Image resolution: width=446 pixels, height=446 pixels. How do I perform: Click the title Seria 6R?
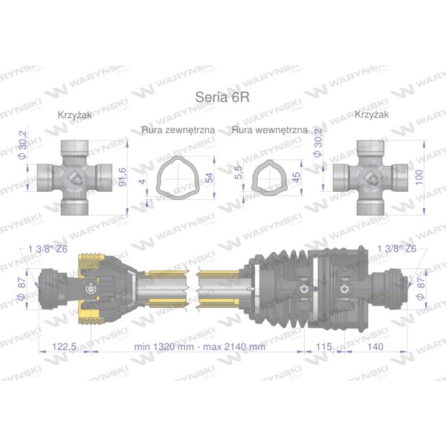point(222,97)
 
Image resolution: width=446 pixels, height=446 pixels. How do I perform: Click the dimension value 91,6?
point(123,177)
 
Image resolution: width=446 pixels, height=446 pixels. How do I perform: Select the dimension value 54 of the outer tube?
point(209,178)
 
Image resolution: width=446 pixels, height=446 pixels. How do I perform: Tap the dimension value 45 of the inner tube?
point(296,178)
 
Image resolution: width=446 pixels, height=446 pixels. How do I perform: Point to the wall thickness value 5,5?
point(239,172)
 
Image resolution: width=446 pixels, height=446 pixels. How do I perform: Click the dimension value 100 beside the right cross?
point(419,177)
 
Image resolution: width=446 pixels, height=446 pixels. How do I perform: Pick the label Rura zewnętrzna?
point(178,130)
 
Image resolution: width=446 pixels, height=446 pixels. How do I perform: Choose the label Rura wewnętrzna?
point(270,130)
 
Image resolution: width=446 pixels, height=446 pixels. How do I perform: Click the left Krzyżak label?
point(75,115)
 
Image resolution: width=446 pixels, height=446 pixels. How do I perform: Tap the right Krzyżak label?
point(372,114)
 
